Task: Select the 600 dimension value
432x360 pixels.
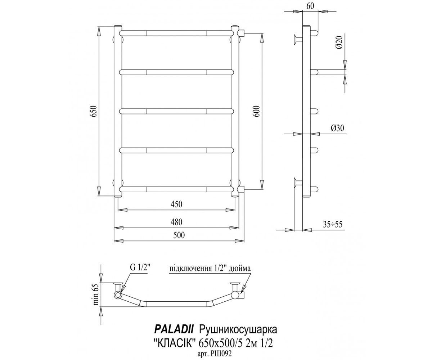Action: (x=257, y=111)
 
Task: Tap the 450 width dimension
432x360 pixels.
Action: (x=176, y=204)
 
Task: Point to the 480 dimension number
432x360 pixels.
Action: (x=176, y=222)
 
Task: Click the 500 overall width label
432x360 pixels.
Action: (x=179, y=235)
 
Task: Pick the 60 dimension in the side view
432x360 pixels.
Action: (x=310, y=6)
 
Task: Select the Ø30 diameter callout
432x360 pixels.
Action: (x=337, y=128)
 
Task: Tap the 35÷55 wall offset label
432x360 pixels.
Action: (x=333, y=224)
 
